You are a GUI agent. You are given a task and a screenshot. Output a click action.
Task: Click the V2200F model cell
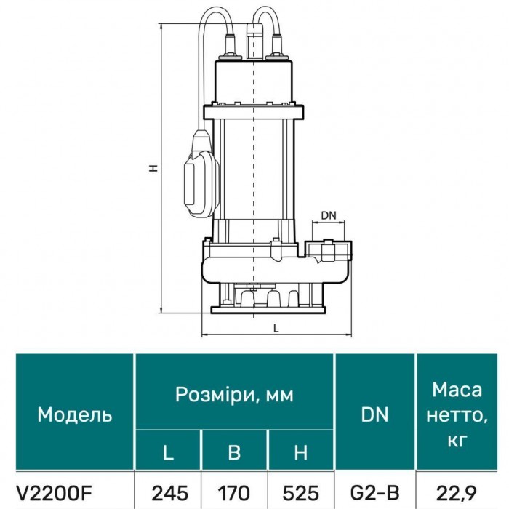54,494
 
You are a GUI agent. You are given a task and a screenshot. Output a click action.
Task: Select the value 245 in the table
169,494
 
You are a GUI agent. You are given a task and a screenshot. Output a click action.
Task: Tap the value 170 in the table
234,494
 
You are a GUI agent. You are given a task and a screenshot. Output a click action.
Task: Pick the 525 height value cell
301,494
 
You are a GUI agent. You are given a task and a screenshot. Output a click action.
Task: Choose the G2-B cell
374,494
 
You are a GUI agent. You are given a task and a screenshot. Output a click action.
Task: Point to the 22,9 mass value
457,494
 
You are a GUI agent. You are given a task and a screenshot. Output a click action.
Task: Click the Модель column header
75,414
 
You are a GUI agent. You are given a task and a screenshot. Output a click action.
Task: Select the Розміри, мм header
234,394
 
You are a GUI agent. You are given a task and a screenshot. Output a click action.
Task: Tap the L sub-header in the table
168,452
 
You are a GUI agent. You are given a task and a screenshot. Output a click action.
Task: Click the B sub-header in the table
234,452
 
